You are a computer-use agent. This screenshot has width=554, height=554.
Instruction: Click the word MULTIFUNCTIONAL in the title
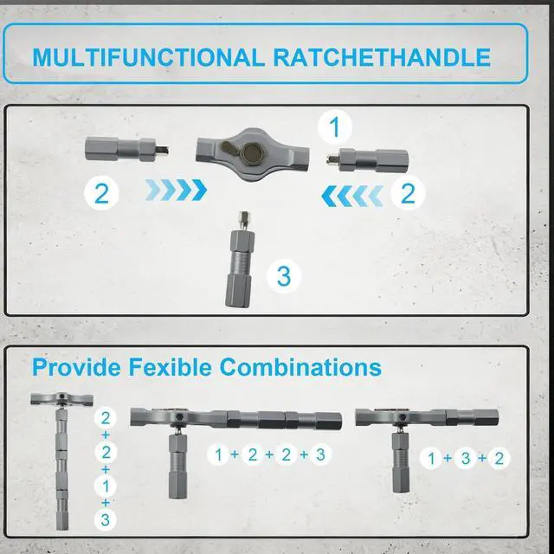coord(148,57)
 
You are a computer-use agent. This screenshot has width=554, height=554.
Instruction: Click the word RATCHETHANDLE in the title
coord(382,57)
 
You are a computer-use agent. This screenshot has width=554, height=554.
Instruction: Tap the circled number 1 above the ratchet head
coord(334,127)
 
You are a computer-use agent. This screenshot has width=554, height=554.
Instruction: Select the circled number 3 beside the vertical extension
coord(284,276)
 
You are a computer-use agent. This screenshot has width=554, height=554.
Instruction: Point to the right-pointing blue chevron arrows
coord(176,190)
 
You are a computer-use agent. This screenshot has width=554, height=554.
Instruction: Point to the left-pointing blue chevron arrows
coord(352,196)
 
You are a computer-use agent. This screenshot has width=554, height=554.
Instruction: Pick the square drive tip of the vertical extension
coord(243,219)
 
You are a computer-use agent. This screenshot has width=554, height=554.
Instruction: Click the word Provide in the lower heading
coord(76,367)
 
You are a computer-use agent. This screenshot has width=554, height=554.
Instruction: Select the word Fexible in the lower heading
coord(170,367)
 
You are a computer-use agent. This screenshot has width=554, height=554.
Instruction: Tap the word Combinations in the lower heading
coord(300,367)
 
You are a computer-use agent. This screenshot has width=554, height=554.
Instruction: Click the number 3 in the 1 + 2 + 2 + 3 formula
coord(320,454)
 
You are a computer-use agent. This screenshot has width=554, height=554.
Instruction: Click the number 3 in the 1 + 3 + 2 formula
coord(466,458)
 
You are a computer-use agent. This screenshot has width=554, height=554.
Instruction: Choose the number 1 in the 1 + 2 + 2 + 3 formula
coord(218,454)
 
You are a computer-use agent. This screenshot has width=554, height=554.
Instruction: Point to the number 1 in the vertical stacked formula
coord(106,486)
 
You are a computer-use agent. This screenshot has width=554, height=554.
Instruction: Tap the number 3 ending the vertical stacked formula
coord(106,519)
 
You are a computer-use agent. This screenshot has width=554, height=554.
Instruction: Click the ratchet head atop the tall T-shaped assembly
coord(61,399)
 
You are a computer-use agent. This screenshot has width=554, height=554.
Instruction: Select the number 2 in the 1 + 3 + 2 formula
coord(499,458)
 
